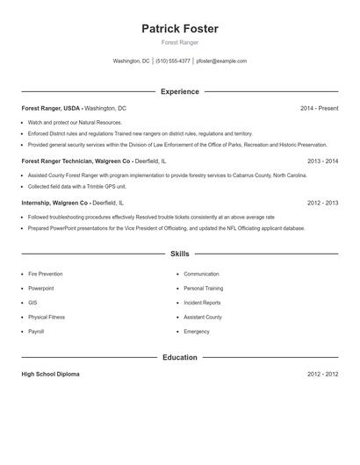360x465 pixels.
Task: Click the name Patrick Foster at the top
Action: pyautogui.click(x=180, y=29)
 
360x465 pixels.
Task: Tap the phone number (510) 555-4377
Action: pyautogui.click(x=173, y=61)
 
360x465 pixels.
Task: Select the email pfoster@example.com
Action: pyautogui.click(x=221, y=61)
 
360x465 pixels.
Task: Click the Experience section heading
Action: pyautogui.click(x=180, y=91)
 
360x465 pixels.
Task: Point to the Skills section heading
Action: pyautogui.click(x=180, y=254)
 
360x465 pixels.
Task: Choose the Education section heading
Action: pyautogui.click(x=180, y=357)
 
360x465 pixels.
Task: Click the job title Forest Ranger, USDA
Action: pyautogui.click(x=51, y=108)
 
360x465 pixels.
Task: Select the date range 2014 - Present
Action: pyautogui.click(x=319, y=108)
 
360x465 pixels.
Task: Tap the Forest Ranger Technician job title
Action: pyautogui.click(x=76, y=161)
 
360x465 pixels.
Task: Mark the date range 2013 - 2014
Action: pyautogui.click(x=322, y=161)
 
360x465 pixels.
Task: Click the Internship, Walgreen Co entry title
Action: pyautogui.click(x=54, y=203)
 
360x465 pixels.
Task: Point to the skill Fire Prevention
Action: pyautogui.click(x=46, y=275)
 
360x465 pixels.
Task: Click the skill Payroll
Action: pyautogui.click(x=36, y=332)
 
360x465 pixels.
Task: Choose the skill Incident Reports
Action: pyautogui.click(x=202, y=303)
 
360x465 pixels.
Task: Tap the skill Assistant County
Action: pyautogui.click(x=203, y=317)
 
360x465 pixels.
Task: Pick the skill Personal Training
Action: pyautogui.click(x=204, y=289)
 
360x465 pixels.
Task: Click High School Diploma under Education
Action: pyautogui.click(x=50, y=375)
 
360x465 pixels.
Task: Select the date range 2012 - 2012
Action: pyautogui.click(x=322, y=375)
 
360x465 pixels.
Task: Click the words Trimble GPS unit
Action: pyautogui.click(x=108, y=186)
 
